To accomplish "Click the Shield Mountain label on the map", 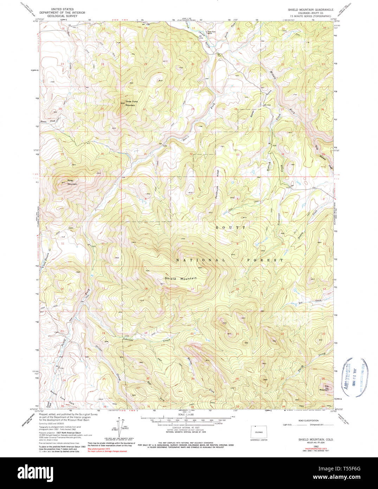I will pyautogui.click(x=181, y=278).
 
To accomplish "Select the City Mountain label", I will pyautogui.click(x=324, y=388).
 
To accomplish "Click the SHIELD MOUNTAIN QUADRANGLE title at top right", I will pyautogui.click(x=309, y=10).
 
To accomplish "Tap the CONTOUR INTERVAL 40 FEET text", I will pyautogui.click(x=185, y=428).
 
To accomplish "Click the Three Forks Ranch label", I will pyautogui.click(x=211, y=33).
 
